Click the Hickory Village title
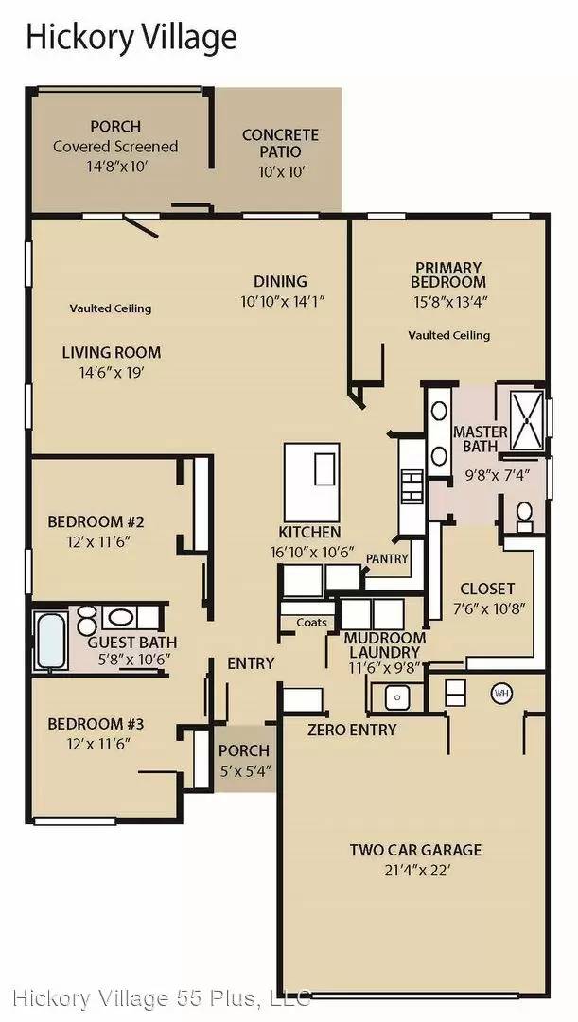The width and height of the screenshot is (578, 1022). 131,38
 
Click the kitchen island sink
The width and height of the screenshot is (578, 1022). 324,469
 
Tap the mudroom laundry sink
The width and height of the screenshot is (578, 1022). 396,696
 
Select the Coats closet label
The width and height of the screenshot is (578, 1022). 311,623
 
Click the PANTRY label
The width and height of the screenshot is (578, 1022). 387,558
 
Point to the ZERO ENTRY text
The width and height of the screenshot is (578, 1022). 352,730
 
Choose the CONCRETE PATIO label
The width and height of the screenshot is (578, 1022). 280,144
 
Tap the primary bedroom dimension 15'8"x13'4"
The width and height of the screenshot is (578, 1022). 448,301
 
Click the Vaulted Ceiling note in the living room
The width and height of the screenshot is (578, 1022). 111,308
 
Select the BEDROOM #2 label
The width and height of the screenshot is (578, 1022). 96,522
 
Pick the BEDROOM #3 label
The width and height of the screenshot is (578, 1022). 96,724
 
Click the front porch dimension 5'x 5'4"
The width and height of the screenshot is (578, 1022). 244,769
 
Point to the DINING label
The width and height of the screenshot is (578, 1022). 280,282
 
